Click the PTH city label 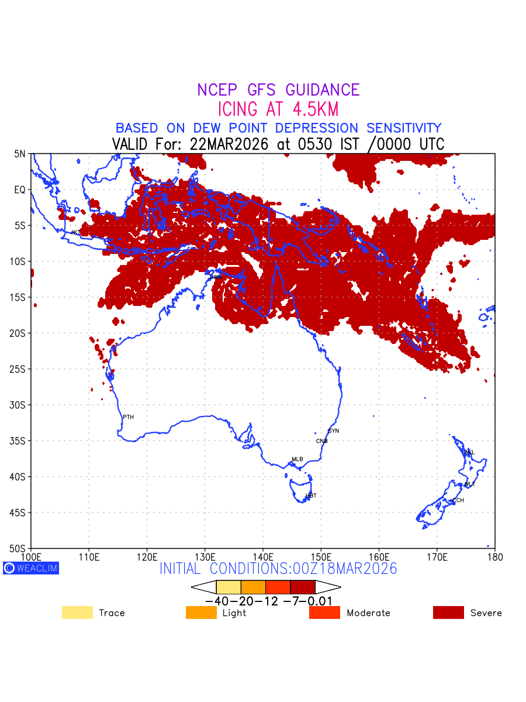pyautogui.click(x=128, y=417)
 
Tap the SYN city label pyautogui.click(x=333, y=431)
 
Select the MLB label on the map pyautogui.click(x=297, y=459)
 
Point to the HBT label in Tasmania pyautogui.click(x=311, y=495)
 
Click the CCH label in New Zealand pyautogui.click(x=458, y=500)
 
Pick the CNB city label pyautogui.click(x=321, y=441)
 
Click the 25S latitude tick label pyautogui.click(x=19, y=369)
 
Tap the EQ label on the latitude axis pyautogui.click(x=20, y=190)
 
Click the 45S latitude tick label pyautogui.click(x=19, y=512)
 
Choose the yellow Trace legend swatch pyautogui.click(x=77, y=612)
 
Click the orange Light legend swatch pyautogui.click(x=201, y=612)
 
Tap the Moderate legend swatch pyautogui.click(x=324, y=612)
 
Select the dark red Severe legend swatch pyautogui.click(x=448, y=612)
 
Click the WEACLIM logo pyautogui.click(x=31, y=568)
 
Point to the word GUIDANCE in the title pyautogui.click(x=323, y=90)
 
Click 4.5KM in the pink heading pyautogui.click(x=312, y=109)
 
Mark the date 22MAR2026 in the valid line pyautogui.click(x=230, y=144)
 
